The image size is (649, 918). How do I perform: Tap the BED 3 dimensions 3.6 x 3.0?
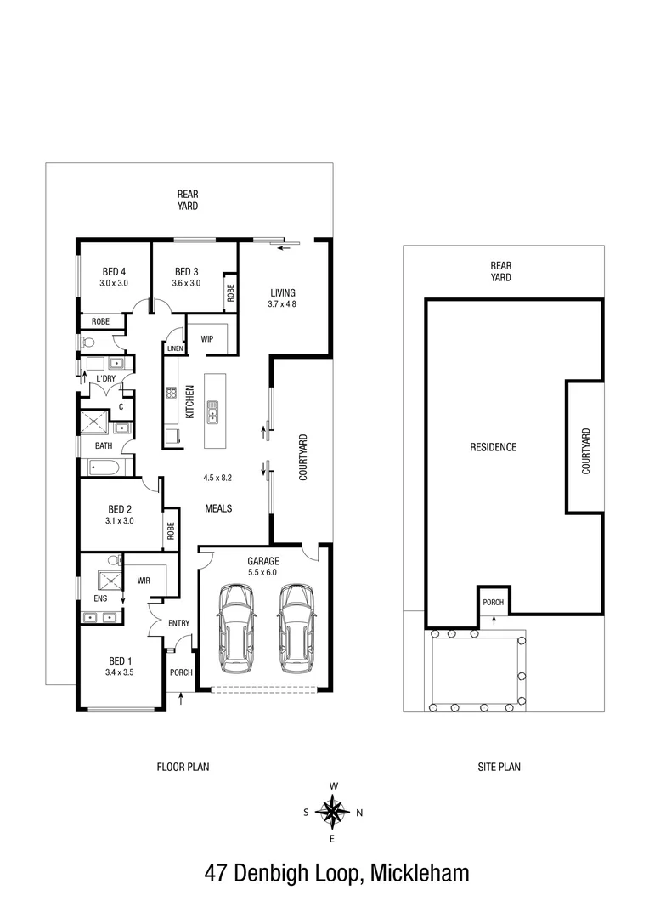[185, 283]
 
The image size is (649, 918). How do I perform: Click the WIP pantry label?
[206, 339]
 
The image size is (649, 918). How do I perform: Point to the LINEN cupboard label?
[175, 348]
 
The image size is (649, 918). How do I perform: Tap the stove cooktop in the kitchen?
[171, 394]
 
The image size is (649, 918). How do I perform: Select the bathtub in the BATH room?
[105, 467]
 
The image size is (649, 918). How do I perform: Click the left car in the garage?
[235, 626]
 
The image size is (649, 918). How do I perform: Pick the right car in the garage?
[296, 626]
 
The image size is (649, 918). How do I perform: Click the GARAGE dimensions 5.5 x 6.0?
[262, 572]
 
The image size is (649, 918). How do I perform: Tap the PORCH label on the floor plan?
[181, 672]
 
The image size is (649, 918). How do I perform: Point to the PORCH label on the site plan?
[493, 603]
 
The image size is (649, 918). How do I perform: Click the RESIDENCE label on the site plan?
[493, 447]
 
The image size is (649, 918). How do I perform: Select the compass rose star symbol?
[332, 812]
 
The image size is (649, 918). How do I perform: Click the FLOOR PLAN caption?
[183, 767]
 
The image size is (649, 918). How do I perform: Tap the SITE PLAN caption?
[499, 767]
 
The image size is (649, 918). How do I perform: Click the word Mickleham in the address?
[418, 873]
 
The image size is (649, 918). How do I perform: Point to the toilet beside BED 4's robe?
[87, 342]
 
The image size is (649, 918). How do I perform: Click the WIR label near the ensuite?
[144, 581]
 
